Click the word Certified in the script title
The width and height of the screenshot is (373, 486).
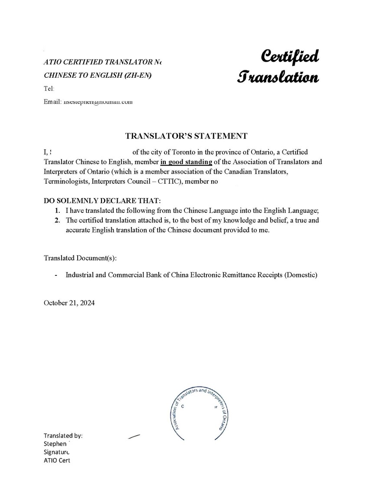[x=290, y=56]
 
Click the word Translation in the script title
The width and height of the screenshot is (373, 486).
[x=278, y=77]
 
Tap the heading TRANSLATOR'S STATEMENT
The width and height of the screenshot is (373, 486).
[x=186, y=136]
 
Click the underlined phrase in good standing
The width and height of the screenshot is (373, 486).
[x=186, y=162]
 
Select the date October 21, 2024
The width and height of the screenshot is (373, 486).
[x=69, y=303]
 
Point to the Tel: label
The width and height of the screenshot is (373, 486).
[x=49, y=89]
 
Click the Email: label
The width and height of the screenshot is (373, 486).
[x=52, y=102]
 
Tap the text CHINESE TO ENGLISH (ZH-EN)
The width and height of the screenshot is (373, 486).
[x=98, y=75]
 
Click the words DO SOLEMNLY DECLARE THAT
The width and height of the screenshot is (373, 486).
[x=102, y=201]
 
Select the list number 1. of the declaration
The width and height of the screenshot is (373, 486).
[x=57, y=210]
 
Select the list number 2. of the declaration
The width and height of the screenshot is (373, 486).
[x=57, y=220]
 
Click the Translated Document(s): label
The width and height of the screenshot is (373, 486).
[x=80, y=258]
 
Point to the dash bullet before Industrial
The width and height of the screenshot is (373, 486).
[x=56, y=275]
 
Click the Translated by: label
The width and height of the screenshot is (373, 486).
[x=63, y=436]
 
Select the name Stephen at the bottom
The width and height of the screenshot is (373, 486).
[x=55, y=444]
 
